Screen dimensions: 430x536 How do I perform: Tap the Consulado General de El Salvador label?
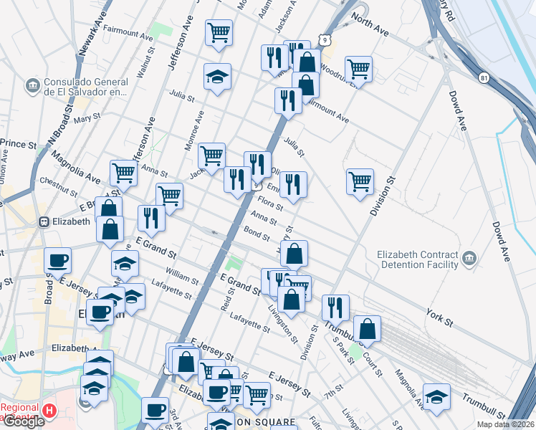[85, 86]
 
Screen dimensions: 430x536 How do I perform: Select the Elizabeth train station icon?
[44, 221]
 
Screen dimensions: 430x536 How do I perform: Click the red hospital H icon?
[49, 411]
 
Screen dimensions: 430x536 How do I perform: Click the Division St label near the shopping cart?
[383, 196]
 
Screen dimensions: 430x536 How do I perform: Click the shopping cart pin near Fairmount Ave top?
[219, 33]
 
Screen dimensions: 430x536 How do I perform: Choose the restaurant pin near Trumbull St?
[335, 307]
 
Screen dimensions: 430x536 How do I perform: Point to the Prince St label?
[19, 144]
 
